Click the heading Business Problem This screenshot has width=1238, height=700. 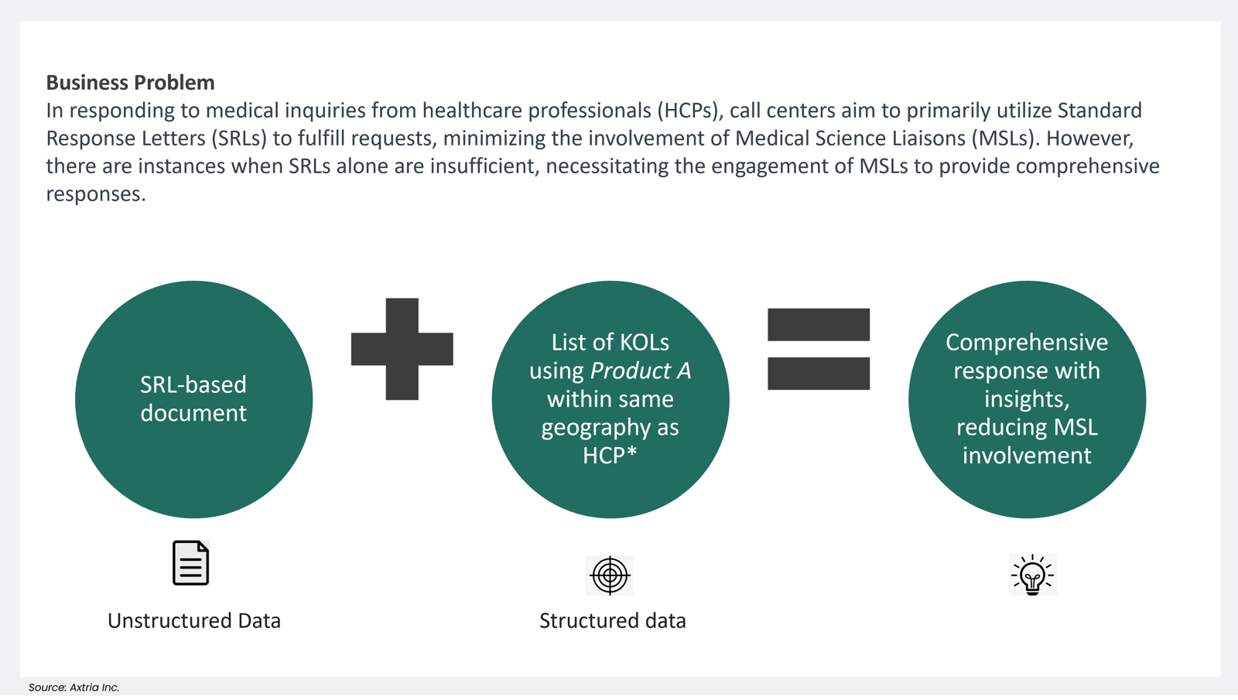click(130, 82)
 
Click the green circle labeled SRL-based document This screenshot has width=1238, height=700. click(193, 399)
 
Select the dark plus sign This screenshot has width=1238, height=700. click(402, 349)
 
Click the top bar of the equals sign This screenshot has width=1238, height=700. click(818, 324)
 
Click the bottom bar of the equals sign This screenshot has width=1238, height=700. click(818, 374)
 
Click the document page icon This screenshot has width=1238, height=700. click(190, 563)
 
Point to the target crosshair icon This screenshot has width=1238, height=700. click(610, 575)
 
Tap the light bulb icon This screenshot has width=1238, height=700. click(1032, 575)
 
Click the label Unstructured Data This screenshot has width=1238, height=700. click(193, 620)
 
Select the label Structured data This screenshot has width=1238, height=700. click(612, 620)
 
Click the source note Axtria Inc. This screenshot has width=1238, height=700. click(74, 687)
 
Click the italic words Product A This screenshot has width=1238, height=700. click(640, 370)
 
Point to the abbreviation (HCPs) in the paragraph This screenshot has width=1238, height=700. click(689, 111)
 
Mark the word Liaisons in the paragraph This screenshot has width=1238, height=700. click(926, 138)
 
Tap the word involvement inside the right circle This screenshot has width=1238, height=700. click(1027, 456)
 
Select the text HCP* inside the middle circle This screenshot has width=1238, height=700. click(610, 456)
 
